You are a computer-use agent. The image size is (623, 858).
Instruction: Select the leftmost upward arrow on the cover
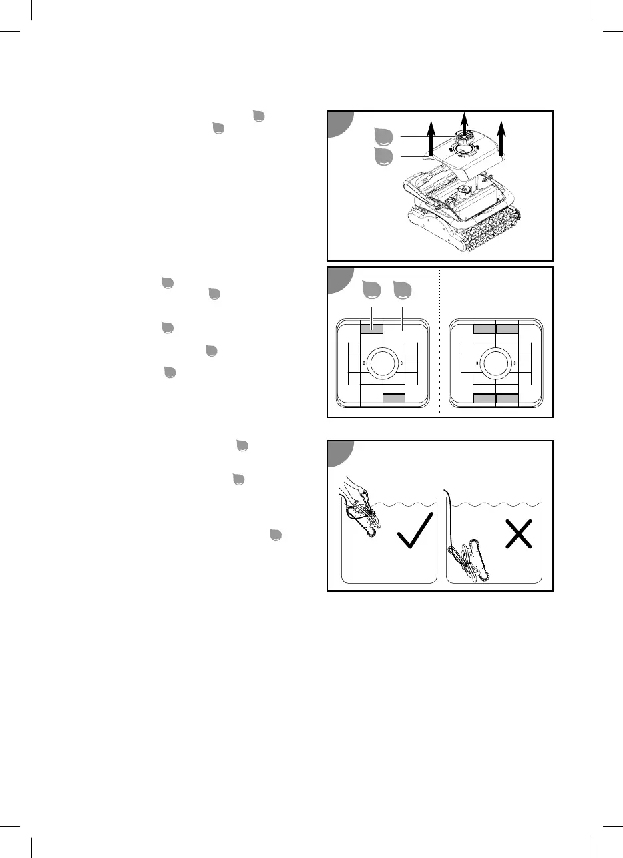tap(431, 136)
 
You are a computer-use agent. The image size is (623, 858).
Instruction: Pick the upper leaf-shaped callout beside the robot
tap(383, 137)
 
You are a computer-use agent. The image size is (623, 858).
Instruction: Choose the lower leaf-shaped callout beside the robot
tap(383, 157)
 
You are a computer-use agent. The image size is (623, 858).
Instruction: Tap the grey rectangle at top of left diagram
tap(371, 328)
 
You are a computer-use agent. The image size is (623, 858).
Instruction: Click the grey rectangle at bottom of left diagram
tap(394, 398)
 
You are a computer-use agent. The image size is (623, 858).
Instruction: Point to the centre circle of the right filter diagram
tap(495, 363)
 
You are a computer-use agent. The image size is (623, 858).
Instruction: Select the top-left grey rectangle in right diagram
tap(483, 328)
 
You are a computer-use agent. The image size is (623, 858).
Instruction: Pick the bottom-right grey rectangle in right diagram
tap(507, 398)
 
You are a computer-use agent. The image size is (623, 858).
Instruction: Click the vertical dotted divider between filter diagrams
tap(439, 342)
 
